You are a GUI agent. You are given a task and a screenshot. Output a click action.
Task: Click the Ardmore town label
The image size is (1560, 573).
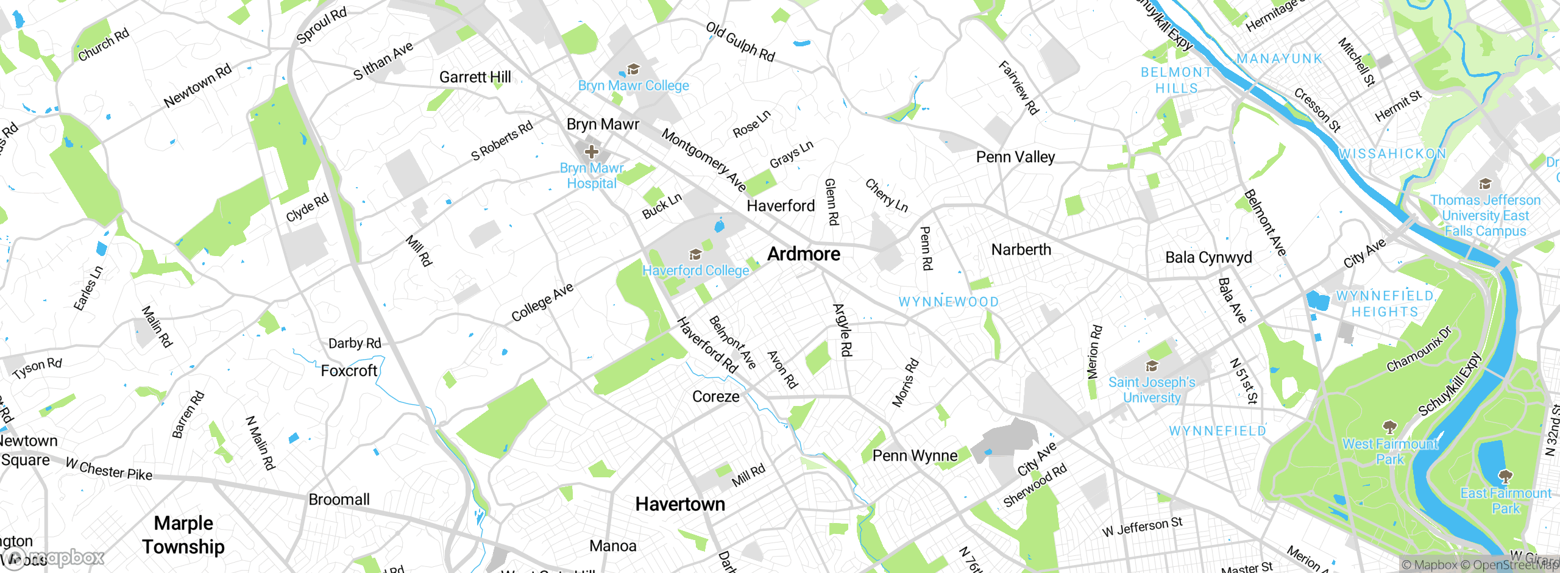coord(804,254)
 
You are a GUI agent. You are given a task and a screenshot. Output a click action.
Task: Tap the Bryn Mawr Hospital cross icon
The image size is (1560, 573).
coord(591,151)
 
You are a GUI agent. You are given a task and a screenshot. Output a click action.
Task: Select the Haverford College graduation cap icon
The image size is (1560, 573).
coord(695,254)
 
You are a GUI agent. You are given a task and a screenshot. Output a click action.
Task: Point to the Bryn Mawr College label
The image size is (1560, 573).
coord(633,86)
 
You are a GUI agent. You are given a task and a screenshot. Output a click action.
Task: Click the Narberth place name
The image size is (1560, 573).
coord(1021,250)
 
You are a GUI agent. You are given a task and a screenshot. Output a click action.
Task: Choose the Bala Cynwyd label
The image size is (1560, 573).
coord(1208,257)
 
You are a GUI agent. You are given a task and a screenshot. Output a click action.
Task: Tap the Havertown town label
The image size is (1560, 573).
coord(680,504)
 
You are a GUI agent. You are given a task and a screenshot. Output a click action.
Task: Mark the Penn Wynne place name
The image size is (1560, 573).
coord(915,456)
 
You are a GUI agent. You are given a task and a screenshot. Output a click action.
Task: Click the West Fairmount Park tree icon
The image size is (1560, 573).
coord(1389,427)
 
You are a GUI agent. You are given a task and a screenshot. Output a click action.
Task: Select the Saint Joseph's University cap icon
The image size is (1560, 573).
coord(1152,366)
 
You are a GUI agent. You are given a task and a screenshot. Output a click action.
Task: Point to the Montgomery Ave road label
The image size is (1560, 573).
coord(704,160)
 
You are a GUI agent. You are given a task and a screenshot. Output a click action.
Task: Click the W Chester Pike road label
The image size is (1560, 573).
coord(109,469)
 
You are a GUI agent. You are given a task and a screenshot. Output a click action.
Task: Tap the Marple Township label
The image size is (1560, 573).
coord(183,535)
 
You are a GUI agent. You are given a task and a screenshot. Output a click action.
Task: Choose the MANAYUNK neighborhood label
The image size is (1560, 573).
coord(1280,59)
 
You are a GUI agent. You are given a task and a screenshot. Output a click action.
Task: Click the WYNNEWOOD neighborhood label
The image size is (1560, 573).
coord(949,302)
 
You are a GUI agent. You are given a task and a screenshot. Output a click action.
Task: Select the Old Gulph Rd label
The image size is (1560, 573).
coord(740,42)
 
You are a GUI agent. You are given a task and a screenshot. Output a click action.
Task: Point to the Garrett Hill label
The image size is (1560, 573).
coord(475,77)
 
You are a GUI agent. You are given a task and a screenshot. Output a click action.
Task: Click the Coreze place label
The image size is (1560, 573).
coord(716,397)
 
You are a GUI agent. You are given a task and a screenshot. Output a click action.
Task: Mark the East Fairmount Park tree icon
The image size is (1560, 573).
coord(1505,476)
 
